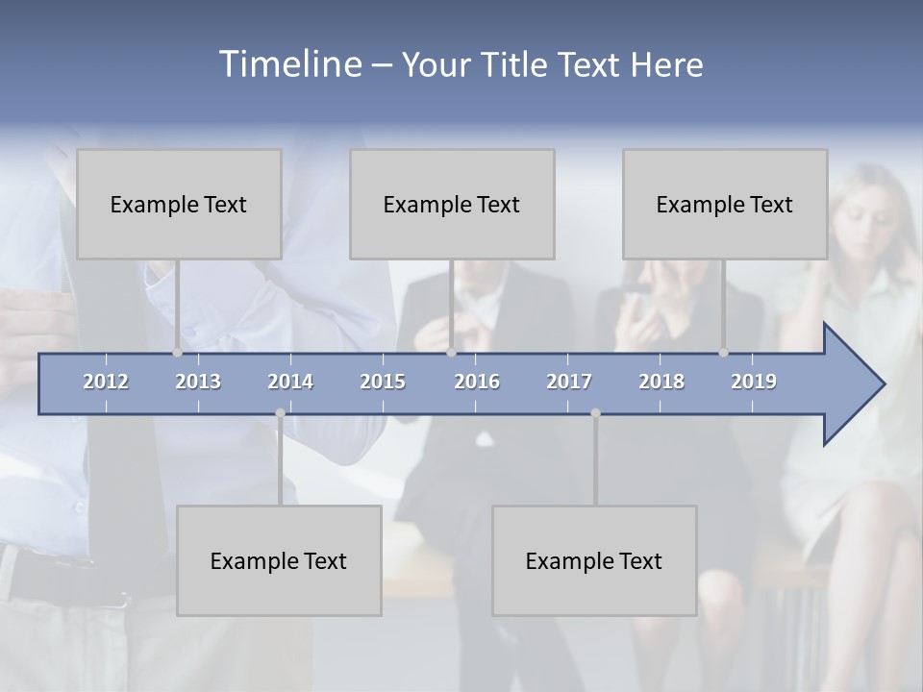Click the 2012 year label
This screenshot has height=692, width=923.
106,382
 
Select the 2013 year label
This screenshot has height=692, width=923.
198,382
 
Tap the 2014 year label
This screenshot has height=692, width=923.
290,382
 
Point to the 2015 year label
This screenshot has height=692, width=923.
383,382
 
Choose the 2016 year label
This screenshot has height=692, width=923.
477,382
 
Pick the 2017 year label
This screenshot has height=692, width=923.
569,382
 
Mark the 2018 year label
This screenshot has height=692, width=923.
661,382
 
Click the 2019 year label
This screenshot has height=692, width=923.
754,382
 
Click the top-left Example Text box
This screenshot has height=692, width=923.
179,204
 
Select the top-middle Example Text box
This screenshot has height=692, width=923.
452,204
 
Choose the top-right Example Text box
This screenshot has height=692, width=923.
725,204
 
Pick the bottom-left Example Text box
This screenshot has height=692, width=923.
279,560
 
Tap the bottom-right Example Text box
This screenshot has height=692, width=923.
594,560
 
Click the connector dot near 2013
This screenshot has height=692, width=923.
177,353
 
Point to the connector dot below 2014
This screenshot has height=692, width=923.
280,413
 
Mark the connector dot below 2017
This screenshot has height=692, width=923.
595,413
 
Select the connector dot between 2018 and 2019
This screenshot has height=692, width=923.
723,353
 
